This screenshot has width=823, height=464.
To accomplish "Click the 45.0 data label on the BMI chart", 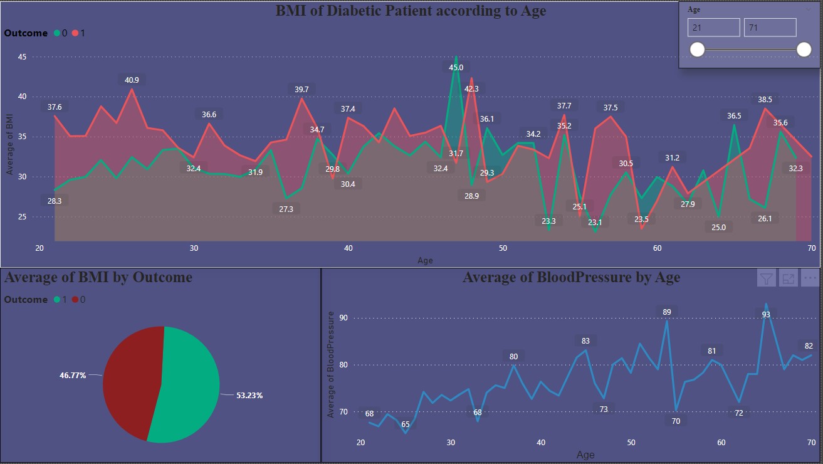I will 456,67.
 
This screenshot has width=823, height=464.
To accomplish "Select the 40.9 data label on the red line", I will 132,80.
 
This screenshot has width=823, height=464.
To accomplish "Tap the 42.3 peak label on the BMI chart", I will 471,88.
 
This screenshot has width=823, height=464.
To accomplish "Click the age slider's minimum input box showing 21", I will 713,28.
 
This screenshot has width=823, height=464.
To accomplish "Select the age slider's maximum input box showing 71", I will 770,28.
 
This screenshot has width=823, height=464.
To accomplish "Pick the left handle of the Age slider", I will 697,50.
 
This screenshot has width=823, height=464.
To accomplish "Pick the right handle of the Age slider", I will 804,50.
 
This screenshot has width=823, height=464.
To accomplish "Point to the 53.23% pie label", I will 249,396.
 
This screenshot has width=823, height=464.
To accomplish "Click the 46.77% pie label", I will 73,375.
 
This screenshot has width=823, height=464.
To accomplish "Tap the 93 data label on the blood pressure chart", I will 766,297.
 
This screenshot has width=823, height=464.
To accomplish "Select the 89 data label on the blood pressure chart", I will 666,312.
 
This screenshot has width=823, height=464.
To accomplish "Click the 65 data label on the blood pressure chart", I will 406,424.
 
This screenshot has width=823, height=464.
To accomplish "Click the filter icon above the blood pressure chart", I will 766,278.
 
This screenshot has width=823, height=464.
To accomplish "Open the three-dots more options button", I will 809,278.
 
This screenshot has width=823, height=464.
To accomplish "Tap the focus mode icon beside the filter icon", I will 788,278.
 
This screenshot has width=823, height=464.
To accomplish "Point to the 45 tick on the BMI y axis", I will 22,56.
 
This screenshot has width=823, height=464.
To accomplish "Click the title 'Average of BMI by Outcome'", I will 98,277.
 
